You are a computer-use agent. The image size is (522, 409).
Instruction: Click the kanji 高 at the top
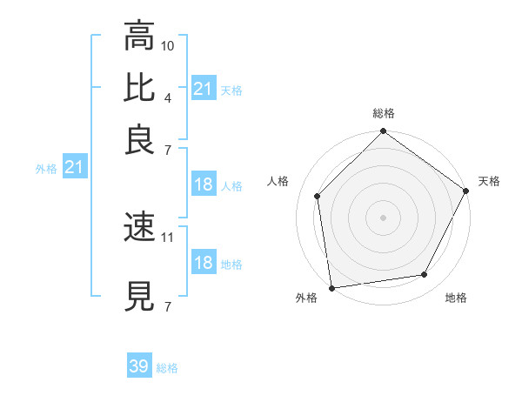tap(139, 37)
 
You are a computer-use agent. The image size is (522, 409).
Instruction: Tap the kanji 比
tap(139, 88)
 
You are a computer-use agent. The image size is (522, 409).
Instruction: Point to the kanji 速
tap(139, 228)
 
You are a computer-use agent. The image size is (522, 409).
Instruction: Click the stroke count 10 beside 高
tap(168, 44)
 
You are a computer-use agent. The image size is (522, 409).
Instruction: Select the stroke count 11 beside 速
tap(168, 237)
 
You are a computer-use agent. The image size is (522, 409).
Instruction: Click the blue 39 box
tap(139, 366)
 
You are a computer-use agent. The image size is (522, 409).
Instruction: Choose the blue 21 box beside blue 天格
tap(203, 88)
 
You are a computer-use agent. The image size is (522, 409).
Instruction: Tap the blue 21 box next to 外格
tap(74, 167)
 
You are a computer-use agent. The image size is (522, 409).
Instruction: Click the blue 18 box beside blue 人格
tap(203, 184)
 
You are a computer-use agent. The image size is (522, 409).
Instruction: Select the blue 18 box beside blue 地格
tap(203, 263)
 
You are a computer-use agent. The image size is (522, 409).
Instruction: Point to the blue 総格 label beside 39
tap(167, 368)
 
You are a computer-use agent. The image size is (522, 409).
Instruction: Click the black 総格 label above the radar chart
tap(383, 114)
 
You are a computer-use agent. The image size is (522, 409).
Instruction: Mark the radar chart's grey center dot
tap(383, 217)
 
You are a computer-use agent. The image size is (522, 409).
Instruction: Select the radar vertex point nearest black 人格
tap(318, 196)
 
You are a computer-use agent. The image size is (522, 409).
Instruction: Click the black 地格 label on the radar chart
tap(456, 298)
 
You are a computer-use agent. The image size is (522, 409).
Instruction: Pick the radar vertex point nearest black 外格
tap(331, 287)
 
